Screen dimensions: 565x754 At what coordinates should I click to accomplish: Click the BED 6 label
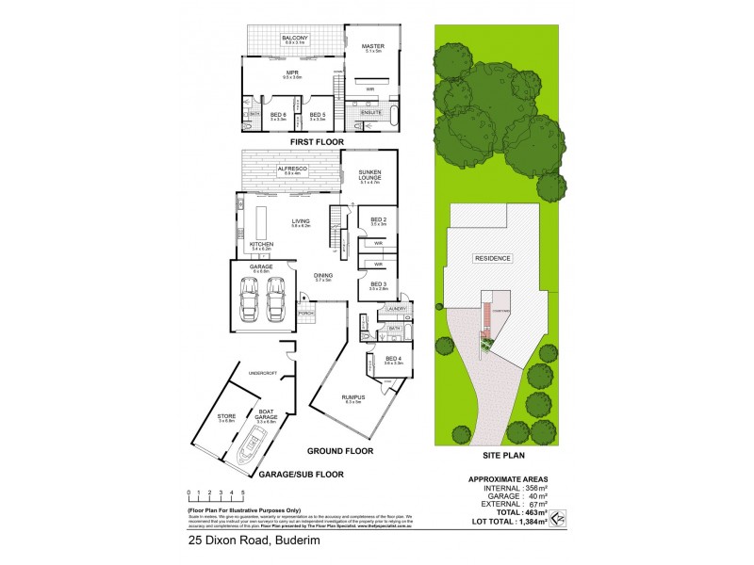[x=277, y=114]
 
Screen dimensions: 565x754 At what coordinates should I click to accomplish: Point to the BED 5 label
[x=317, y=114]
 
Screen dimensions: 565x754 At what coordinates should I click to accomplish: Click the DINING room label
[x=323, y=275]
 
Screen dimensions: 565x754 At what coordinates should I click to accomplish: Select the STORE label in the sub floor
[x=225, y=415]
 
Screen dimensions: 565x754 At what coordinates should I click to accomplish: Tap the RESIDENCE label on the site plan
[x=492, y=258]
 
